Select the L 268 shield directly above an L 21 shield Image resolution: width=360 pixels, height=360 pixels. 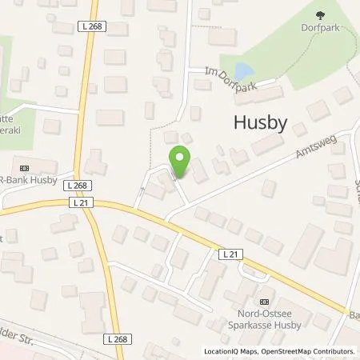click(82, 186)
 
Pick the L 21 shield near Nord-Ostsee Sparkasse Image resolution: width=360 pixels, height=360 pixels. click(230, 254)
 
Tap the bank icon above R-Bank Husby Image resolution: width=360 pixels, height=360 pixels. click(23, 168)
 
